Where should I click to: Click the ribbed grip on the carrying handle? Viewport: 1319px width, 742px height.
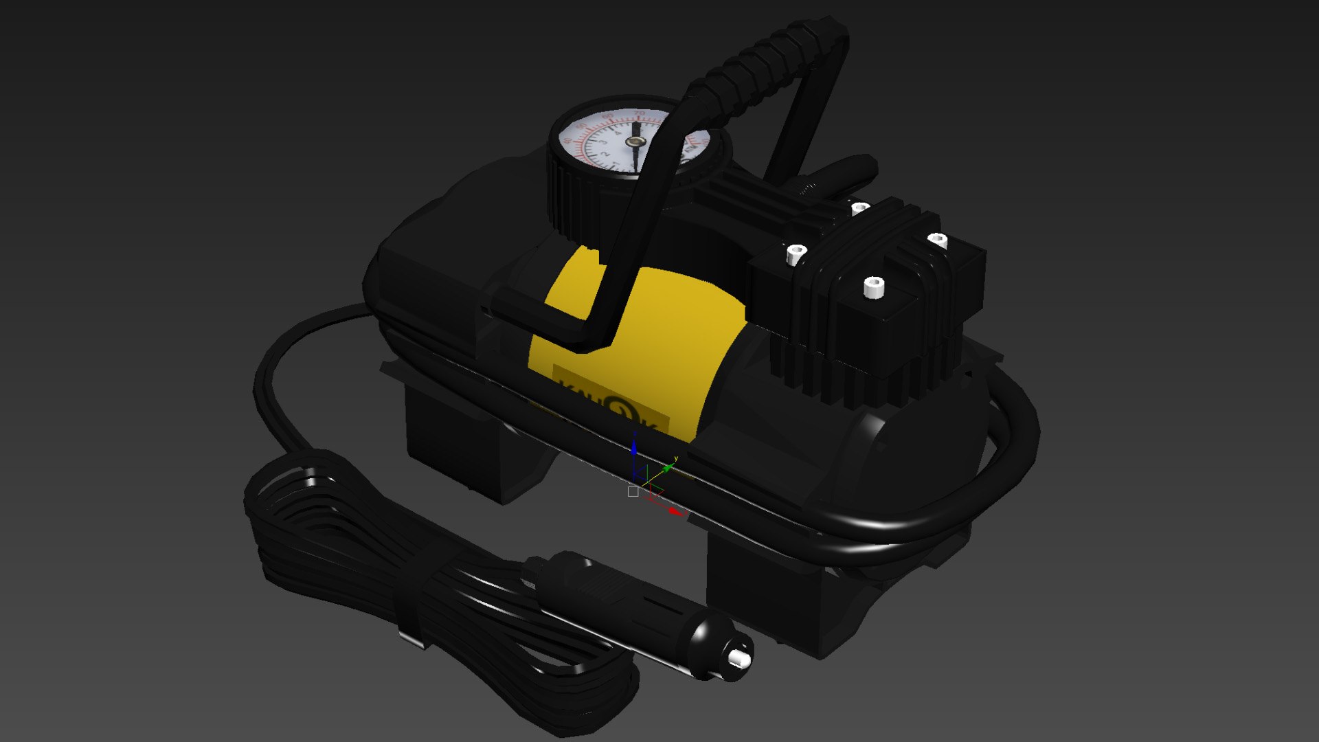(x=763, y=62)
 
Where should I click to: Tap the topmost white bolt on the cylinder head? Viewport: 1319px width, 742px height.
(x=860, y=207)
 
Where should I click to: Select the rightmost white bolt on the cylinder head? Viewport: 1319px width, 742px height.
(x=938, y=240)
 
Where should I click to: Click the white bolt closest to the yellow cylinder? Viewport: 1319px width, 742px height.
(x=796, y=254)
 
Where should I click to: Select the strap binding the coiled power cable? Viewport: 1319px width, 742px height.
(x=412, y=605)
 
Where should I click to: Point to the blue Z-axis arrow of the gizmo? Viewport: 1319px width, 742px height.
(x=633, y=448)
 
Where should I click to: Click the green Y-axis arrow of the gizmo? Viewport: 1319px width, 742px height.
(x=667, y=468)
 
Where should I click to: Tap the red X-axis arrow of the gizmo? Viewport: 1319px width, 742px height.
(x=676, y=511)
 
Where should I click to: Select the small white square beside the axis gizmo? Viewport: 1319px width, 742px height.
(x=633, y=492)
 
